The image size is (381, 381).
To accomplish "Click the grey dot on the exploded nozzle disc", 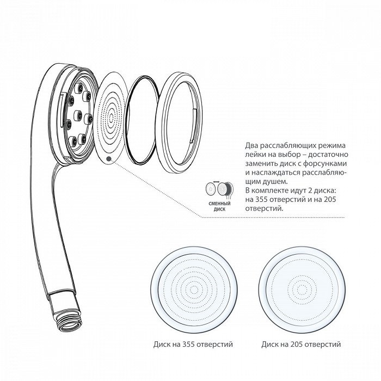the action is pos(109,158).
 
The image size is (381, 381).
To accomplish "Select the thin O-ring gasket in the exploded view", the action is pos(143,121).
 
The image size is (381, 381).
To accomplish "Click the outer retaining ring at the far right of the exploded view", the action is pos(179,121).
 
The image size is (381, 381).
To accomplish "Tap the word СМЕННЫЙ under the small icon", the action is pos(220,204).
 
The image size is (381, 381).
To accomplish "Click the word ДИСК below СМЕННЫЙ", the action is pos(220,209).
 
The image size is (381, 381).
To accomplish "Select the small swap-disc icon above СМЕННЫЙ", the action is pos(219,188).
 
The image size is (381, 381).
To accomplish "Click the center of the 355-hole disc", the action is pos(194,290).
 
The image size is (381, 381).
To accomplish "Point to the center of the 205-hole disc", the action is pos(302,290).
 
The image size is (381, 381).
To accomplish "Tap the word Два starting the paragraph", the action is pos(251,145).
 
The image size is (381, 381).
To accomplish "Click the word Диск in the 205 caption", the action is pos(269,345).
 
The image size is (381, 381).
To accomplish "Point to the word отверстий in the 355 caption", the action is pos(217,345).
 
